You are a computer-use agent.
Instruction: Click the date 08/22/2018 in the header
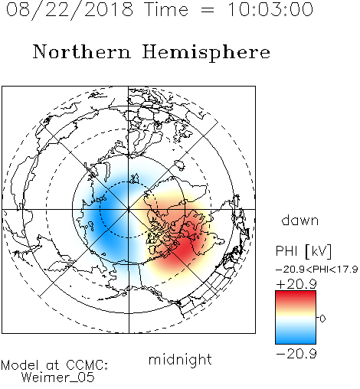tap(70, 10)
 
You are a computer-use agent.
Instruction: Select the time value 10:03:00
tap(270, 10)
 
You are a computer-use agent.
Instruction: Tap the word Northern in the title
tap(81, 51)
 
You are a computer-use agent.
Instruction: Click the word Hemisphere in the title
tap(206, 52)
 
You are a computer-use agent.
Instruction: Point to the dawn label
tap(299, 220)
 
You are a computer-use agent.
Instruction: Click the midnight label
tap(180, 360)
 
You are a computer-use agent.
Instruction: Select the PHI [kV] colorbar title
tap(303, 251)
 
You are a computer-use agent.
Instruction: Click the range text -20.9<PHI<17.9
tap(317, 270)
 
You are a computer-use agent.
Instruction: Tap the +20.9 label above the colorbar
tap(296, 284)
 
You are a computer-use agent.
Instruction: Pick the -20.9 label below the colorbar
tap(296, 354)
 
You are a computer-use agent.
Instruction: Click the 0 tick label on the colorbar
tap(322, 319)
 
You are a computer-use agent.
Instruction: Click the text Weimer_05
tap(58, 378)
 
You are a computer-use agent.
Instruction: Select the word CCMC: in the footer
tap(87, 365)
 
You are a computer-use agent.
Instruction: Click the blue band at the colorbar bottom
tap(296, 338)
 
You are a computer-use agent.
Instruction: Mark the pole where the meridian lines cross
tap(129, 209)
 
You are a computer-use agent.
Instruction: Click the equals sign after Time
tap(208, 10)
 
